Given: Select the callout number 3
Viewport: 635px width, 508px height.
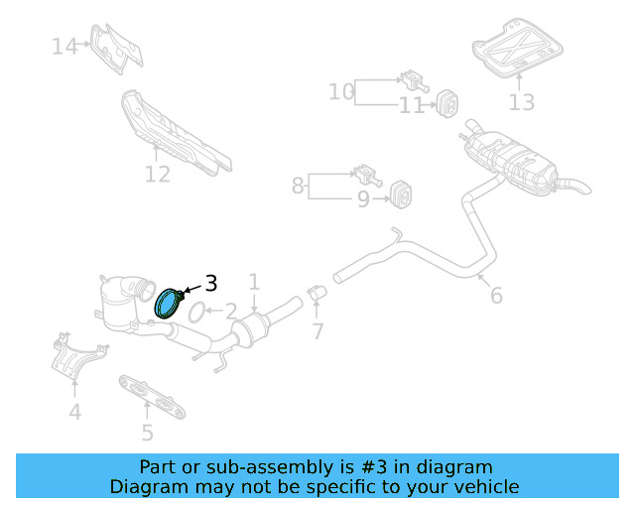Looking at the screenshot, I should coord(210,283).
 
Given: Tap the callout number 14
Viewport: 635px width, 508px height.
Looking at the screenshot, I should coord(64,46).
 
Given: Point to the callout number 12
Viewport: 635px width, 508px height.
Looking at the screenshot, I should coord(158,175).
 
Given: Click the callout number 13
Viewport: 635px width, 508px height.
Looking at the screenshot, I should coord(521,102).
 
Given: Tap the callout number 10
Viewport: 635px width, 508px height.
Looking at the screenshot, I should coord(341,92).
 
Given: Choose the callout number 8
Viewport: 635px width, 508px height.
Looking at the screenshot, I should coord(298,185).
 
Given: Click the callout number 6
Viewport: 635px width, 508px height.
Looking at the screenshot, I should coord(496,295).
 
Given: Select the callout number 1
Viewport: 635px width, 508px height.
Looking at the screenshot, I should coord(254,283).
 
